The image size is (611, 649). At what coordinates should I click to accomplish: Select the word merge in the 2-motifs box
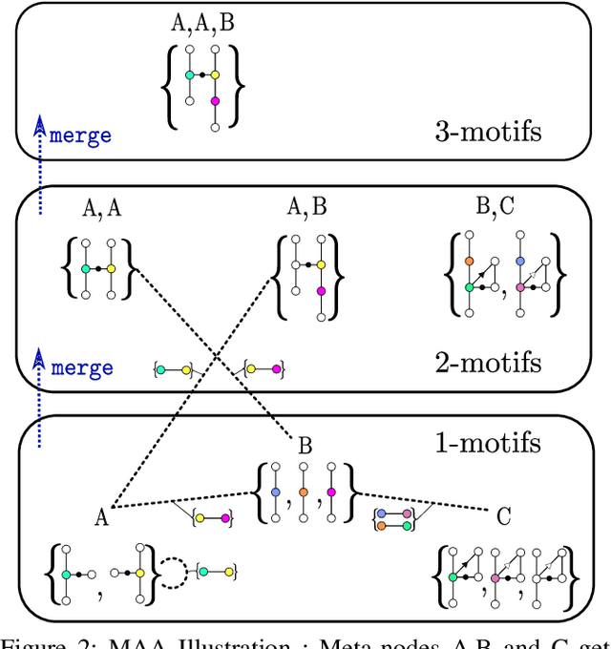coord(80,367)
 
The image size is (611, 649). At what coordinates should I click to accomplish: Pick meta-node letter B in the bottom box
coord(305,444)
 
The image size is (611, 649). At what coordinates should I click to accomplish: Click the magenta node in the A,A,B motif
coord(216,100)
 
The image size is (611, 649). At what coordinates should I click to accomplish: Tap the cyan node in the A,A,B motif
coord(190,74)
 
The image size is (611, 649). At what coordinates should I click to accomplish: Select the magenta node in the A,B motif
coord(321,290)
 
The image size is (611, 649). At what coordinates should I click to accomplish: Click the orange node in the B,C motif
coord(469,260)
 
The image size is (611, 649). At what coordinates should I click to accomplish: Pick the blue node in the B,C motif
coord(519,260)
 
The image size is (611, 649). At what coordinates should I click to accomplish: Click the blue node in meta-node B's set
coord(276,492)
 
